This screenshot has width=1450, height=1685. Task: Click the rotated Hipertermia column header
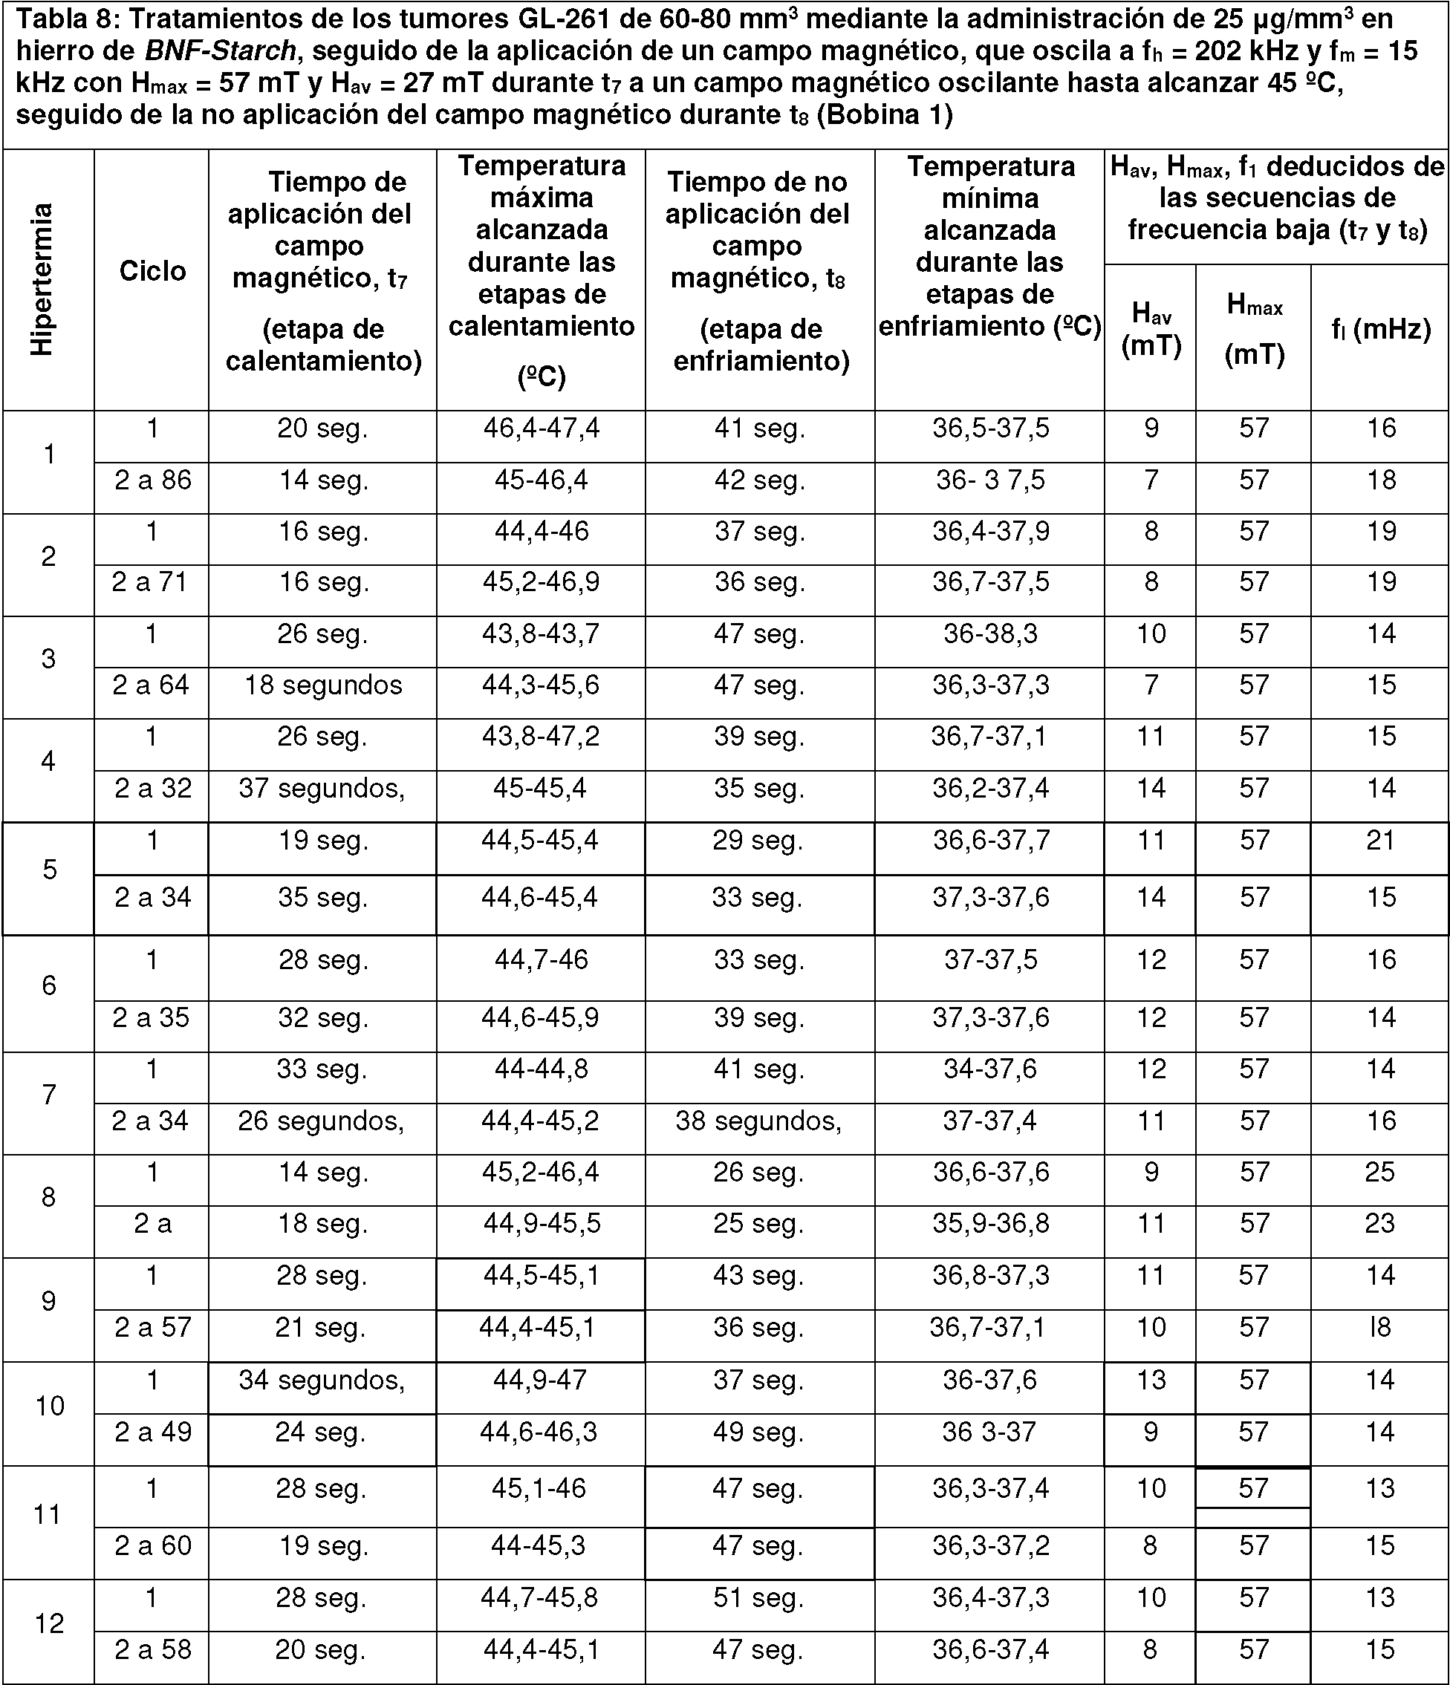pyautogui.click(x=42, y=279)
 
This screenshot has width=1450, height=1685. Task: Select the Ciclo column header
pyautogui.click(x=152, y=271)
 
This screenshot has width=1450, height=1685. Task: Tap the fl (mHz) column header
pyautogui.click(x=1381, y=330)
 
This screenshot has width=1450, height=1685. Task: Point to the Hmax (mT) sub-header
pyautogui.click(x=1254, y=330)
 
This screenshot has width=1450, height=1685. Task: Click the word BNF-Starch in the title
pyautogui.click(x=220, y=51)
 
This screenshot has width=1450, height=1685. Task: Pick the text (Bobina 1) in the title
pyautogui.click(x=884, y=114)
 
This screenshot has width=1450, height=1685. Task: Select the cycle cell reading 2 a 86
pyautogui.click(x=153, y=480)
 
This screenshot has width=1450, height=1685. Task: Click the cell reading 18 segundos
pyautogui.click(x=323, y=685)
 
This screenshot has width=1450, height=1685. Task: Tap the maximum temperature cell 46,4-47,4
pyautogui.click(x=542, y=428)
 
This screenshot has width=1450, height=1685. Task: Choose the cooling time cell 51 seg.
pyautogui.click(x=758, y=1598)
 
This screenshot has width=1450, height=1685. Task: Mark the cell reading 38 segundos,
pyautogui.click(x=758, y=1121)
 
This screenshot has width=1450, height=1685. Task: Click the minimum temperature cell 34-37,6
pyautogui.click(x=989, y=1069)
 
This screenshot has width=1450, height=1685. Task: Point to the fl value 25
pyautogui.click(x=1380, y=1173)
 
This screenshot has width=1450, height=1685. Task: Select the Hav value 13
pyautogui.click(x=1151, y=1380)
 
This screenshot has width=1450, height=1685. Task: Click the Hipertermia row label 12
pyautogui.click(x=49, y=1624)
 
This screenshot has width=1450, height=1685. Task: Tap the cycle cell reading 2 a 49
pyautogui.click(x=153, y=1432)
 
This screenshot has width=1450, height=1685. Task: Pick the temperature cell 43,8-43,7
pyautogui.click(x=541, y=634)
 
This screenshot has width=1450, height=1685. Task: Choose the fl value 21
pyautogui.click(x=1380, y=841)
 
